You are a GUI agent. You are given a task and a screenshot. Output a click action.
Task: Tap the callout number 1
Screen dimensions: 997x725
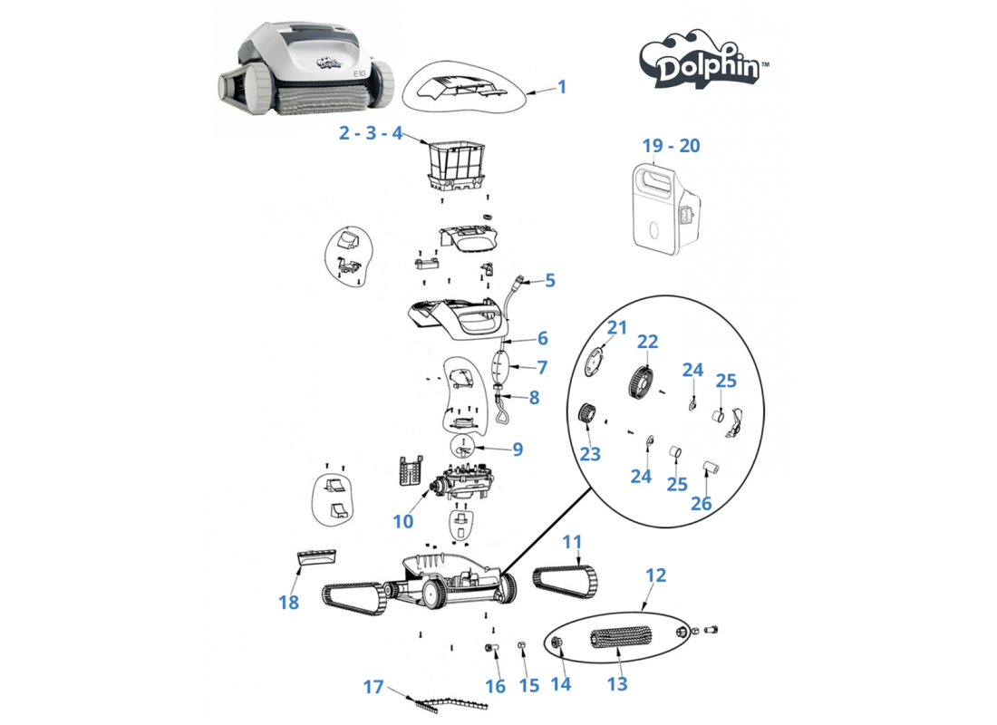561,86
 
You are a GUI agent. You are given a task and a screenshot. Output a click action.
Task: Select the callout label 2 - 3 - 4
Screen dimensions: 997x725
371,133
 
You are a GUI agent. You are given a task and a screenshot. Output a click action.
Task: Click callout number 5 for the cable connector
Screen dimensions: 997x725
550,280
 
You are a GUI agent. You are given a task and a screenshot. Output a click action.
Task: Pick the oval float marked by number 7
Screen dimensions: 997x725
500,368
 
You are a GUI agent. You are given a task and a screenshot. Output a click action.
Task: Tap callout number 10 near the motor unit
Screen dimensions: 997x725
403,521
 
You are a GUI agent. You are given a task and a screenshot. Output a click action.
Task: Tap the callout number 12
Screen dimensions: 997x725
655,575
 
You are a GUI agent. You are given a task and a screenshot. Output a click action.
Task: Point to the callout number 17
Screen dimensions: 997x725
373,687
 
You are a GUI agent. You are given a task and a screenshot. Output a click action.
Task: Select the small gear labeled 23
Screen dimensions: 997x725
587,414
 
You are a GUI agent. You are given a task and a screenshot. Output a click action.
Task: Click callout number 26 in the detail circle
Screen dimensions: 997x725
701,504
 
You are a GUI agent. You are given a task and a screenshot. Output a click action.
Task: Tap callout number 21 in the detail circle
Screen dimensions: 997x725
616,327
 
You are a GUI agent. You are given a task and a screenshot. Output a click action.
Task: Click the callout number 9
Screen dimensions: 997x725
518,449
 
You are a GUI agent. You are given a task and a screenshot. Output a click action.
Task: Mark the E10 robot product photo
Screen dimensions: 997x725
305,68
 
